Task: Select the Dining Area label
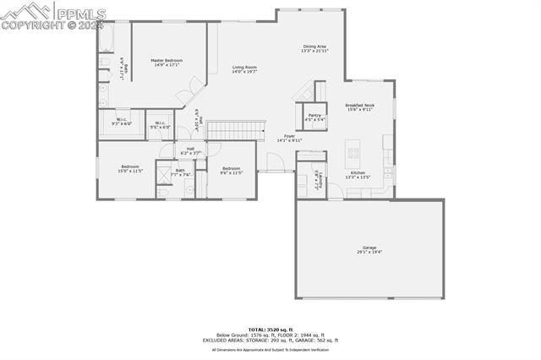[314, 48]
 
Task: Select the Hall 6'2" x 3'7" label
[190, 151]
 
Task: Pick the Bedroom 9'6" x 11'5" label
[231, 170]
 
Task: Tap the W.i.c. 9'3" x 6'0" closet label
[122, 122]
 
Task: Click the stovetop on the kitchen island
[353, 153]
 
